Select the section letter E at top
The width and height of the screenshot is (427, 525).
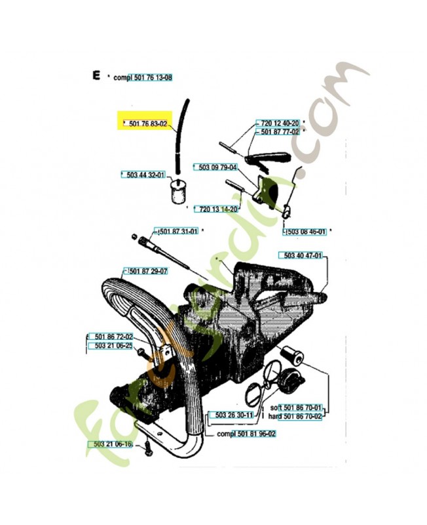(x=96, y=76)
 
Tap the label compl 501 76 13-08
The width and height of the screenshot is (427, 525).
(x=143, y=77)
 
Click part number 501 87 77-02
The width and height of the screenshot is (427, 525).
(x=280, y=132)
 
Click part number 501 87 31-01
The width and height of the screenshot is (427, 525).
(x=177, y=231)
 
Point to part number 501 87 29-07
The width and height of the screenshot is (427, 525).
(x=146, y=270)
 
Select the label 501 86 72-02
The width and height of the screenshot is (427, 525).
(x=111, y=336)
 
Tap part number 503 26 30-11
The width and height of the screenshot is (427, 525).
(x=234, y=415)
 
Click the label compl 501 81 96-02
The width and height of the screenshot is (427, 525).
(x=246, y=434)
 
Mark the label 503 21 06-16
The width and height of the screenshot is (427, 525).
(x=111, y=444)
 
